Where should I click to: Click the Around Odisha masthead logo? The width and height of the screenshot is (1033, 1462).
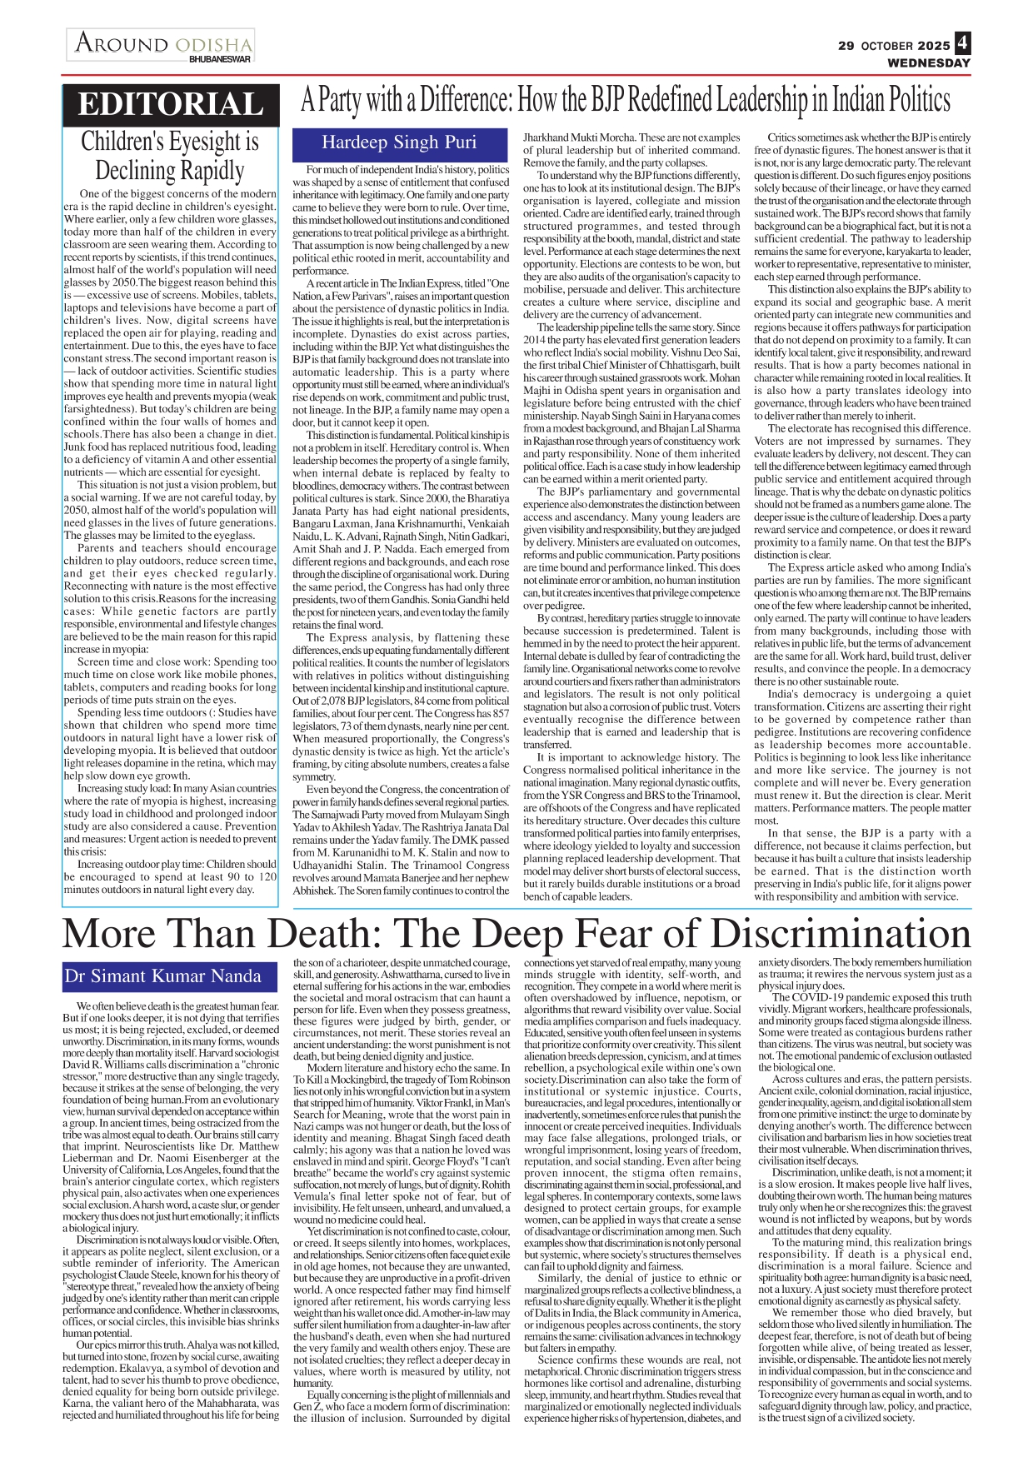point(162,44)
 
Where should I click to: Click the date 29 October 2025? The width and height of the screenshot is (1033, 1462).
point(893,46)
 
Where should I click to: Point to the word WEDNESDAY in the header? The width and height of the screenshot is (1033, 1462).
point(928,62)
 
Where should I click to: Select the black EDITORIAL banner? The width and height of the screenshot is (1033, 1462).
point(171,104)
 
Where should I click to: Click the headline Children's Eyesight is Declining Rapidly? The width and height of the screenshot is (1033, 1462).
point(170,156)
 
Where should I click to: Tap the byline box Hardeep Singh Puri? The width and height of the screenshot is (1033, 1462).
point(399,143)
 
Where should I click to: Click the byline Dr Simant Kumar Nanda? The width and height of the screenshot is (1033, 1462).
point(163,976)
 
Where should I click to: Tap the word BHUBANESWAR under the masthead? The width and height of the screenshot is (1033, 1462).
point(220,59)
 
